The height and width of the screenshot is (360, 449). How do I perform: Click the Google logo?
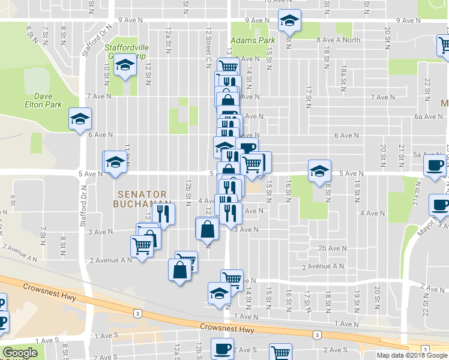pos(20,353)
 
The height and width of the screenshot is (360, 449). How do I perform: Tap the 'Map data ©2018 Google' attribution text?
pos(412,355)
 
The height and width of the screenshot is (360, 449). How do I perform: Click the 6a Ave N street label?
pos(427,116)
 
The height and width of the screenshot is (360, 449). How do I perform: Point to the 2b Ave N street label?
pos(333,248)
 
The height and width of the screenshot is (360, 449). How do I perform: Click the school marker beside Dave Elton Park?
pos(79,119)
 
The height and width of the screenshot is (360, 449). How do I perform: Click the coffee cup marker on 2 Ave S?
pos(222,348)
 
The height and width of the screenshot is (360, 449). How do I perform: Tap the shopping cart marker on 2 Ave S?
pos(280,352)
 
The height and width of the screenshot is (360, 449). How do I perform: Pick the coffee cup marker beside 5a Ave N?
pos(435,166)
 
